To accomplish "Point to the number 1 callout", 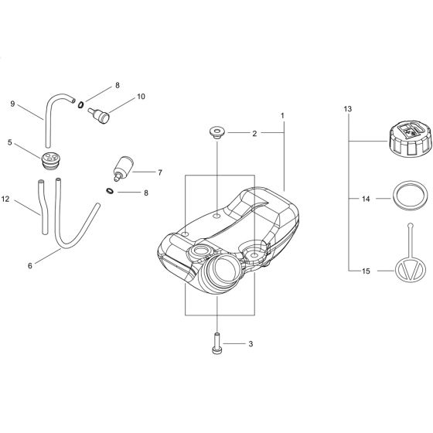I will coord(283,116).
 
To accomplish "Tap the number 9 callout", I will coord(12,103).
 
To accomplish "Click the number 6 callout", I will coord(30,265).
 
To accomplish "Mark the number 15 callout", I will coord(367,271).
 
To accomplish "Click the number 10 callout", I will coord(141,97).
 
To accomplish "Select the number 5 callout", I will coord(9,143).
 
